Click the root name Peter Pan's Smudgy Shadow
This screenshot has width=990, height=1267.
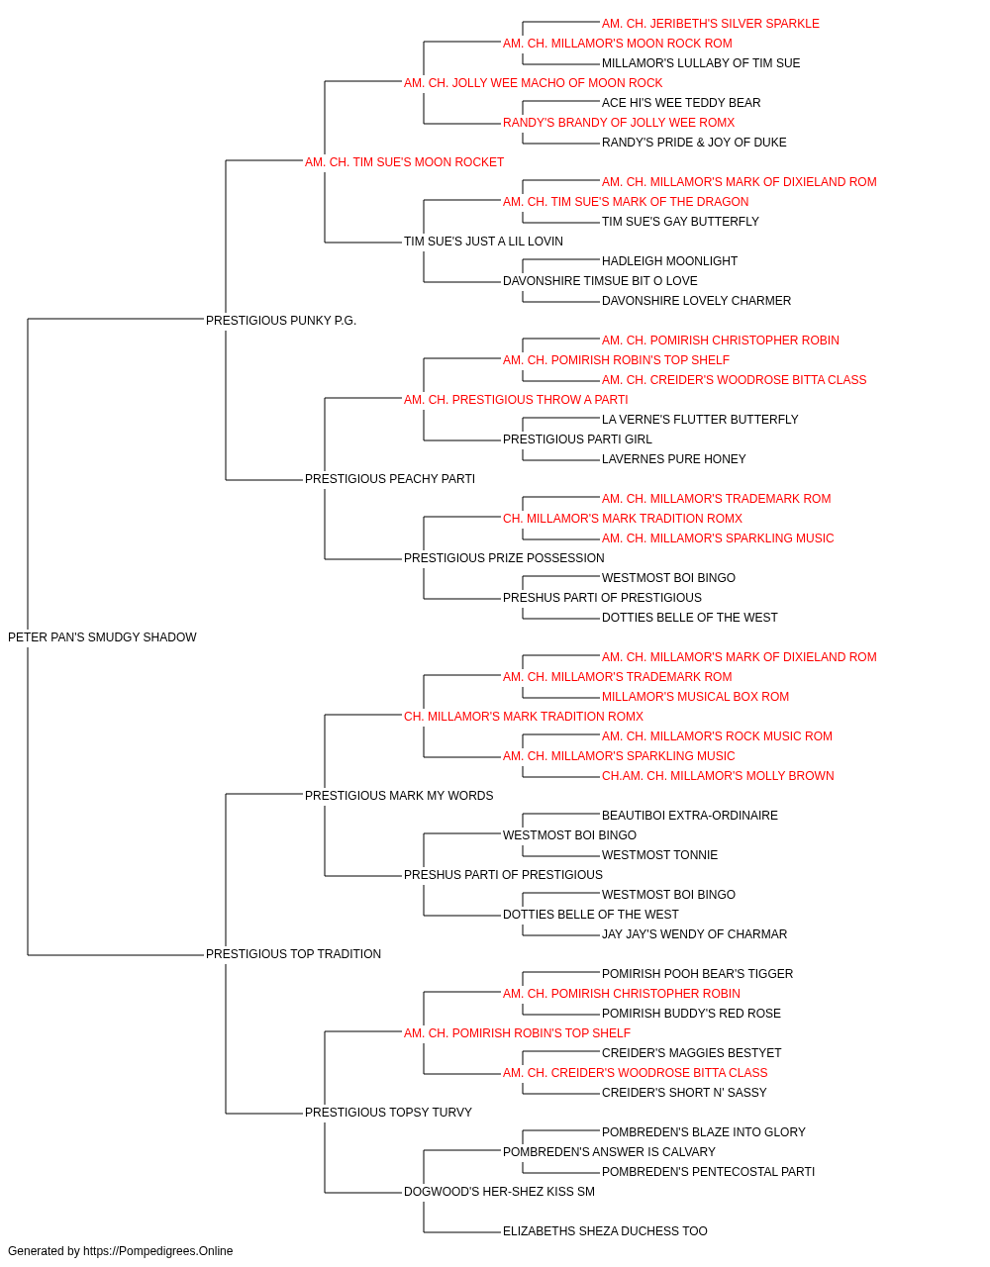(102, 637)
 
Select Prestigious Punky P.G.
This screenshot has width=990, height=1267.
(281, 321)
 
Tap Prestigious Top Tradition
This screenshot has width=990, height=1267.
(293, 954)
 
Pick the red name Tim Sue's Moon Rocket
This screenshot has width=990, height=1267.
(404, 162)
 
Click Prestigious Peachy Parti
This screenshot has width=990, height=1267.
(390, 479)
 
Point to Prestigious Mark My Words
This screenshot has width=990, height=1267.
(399, 796)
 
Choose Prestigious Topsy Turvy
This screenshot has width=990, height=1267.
(388, 1113)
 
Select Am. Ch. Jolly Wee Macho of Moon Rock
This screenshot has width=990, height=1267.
(534, 83)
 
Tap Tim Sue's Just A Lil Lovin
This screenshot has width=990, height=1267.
(483, 242)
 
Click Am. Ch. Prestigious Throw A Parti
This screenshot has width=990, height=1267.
(516, 400)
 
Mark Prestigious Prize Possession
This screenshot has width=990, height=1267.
(504, 558)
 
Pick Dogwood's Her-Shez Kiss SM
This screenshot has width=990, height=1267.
(500, 1192)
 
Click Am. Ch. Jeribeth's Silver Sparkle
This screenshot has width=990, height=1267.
(711, 24)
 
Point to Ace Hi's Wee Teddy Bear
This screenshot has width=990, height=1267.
(681, 103)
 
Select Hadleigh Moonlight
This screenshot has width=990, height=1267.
(670, 261)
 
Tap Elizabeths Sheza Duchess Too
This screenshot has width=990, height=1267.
(605, 1231)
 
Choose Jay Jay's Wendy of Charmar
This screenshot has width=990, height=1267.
(694, 934)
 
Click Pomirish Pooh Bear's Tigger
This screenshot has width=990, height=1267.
(697, 974)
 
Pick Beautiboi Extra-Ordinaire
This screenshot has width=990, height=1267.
(690, 815)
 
